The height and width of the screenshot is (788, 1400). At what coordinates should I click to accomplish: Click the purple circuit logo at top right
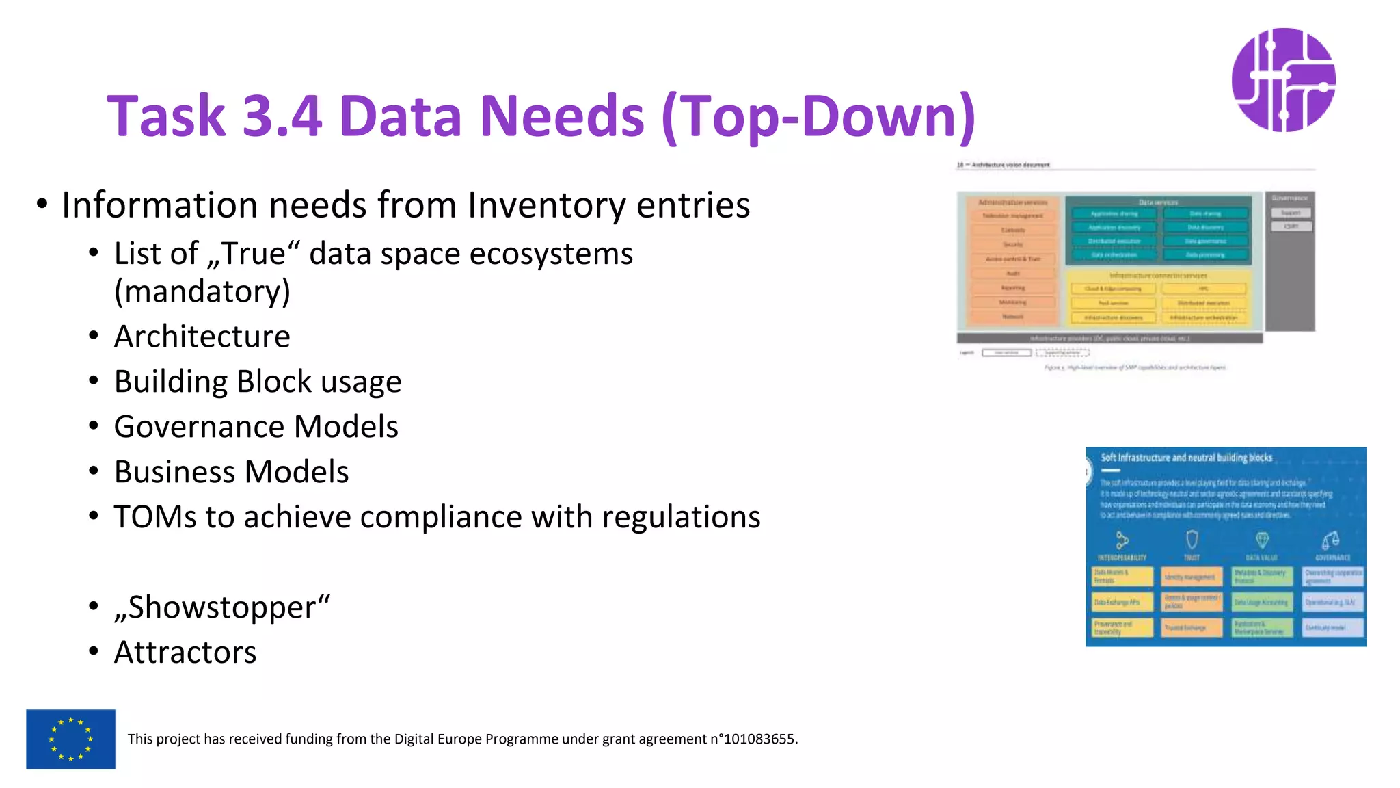(x=1283, y=80)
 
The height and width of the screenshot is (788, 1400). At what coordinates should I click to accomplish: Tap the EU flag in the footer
(x=70, y=739)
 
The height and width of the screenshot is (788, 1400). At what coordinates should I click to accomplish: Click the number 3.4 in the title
(x=282, y=116)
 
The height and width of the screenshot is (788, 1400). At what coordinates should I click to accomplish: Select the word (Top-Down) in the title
(x=818, y=116)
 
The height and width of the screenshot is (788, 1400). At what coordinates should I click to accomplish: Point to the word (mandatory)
(x=202, y=292)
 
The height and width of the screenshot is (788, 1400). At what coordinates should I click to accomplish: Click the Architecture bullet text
(x=202, y=337)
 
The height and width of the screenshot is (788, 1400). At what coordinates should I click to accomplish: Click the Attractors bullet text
(x=185, y=653)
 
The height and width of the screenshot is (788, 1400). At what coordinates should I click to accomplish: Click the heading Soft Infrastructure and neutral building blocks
(x=1186, y=458)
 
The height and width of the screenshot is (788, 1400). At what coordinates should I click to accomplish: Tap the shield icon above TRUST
(x=1192, y=540)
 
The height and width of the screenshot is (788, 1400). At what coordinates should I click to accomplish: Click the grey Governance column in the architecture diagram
(x=1290, y=274)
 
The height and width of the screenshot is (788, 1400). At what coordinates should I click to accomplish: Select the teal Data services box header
(x=1158, y=202)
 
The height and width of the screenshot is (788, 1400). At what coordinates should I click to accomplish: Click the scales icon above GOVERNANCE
(x=1330, y=540)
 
